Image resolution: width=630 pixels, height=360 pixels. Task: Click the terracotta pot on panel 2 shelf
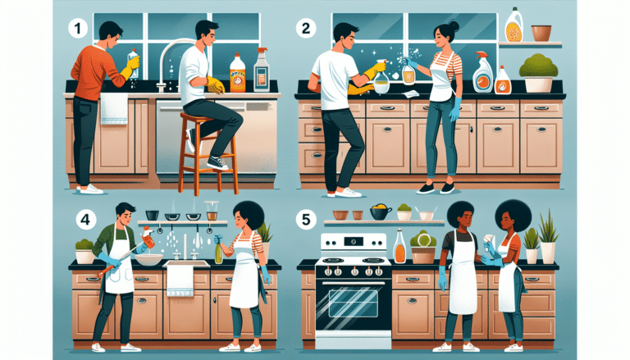pyautogui.click(x=541, y=33)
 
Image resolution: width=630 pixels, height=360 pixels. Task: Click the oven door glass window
pyautogui.click(x=353, y=303)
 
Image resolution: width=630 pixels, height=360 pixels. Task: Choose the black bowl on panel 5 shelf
pyautogui.click(x=379, y=212)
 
